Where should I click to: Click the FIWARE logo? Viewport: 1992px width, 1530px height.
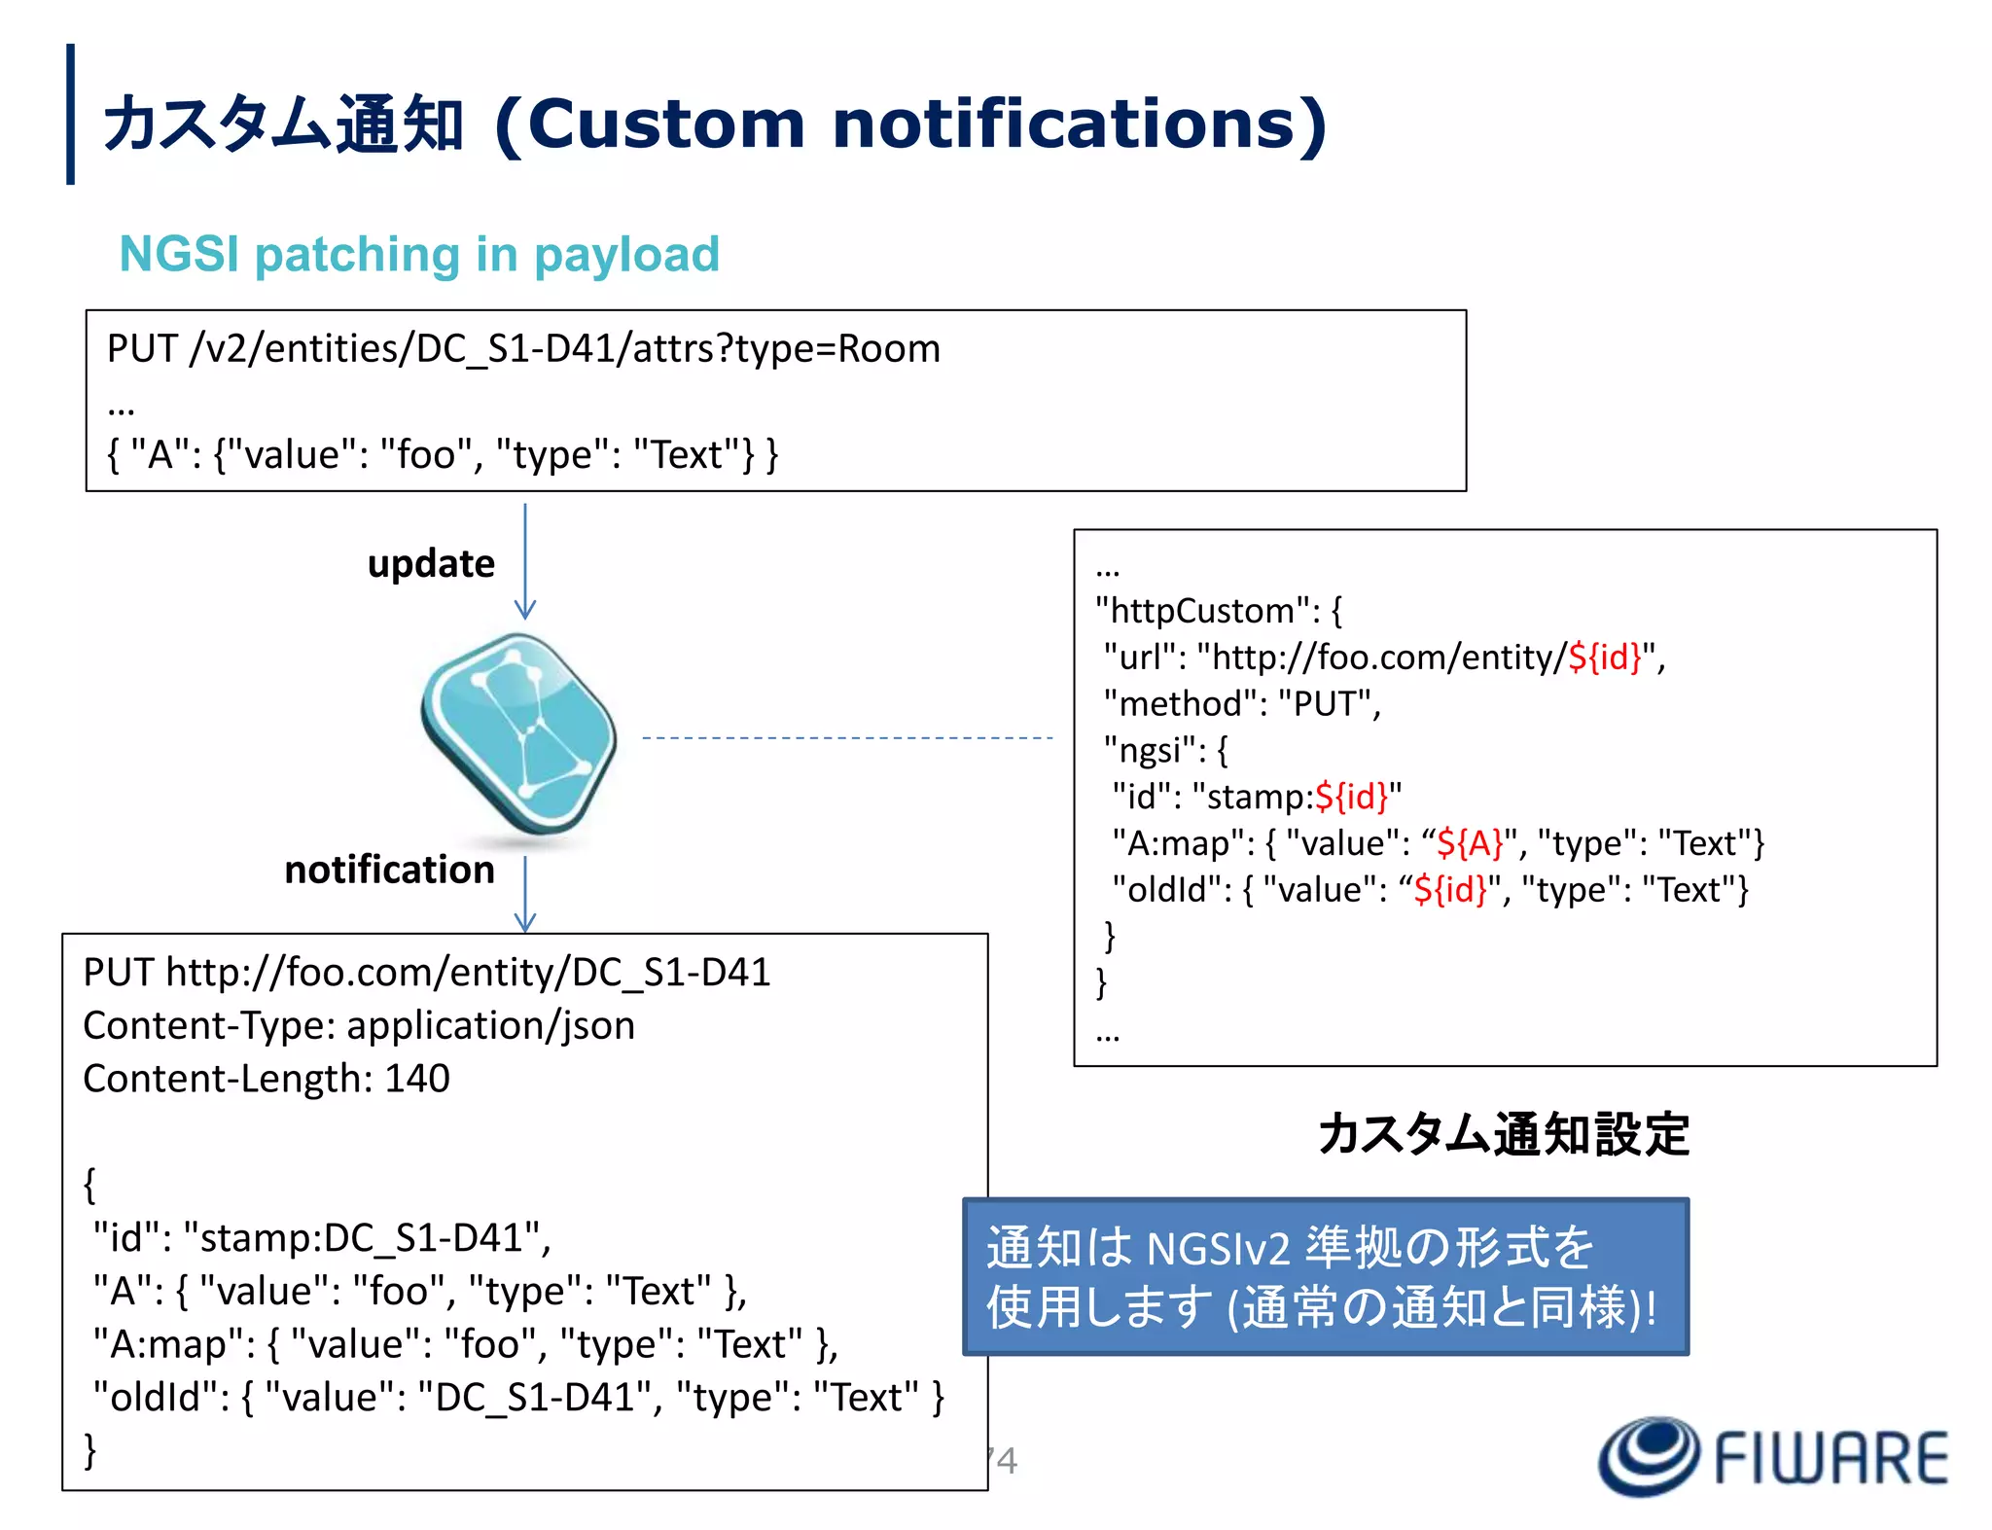point(1772,1456)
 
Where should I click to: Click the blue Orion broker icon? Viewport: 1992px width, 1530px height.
point(518,732)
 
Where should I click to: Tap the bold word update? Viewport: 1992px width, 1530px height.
point(431,564)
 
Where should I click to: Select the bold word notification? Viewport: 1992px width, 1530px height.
point(389,870)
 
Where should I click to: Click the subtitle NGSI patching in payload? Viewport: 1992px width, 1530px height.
point(419,255)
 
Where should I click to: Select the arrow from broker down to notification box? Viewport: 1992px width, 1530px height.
point(525,894)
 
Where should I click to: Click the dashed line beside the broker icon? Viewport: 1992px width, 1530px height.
point(846,738)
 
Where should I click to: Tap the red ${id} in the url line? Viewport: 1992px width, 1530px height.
point(1604,658)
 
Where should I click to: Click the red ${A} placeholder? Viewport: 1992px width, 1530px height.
point(1470,843)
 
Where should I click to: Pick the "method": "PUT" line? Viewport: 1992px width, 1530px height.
point(1242,703)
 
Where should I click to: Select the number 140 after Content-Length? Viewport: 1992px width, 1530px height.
point(417,1079)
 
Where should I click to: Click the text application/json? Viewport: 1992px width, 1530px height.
point(490,1026)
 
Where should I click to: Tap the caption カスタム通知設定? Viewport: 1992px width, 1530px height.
point(1503,1135)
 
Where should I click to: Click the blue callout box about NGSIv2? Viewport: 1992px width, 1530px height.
point(1325,1276)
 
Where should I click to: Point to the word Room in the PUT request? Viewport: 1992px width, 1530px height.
point(889,349)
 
